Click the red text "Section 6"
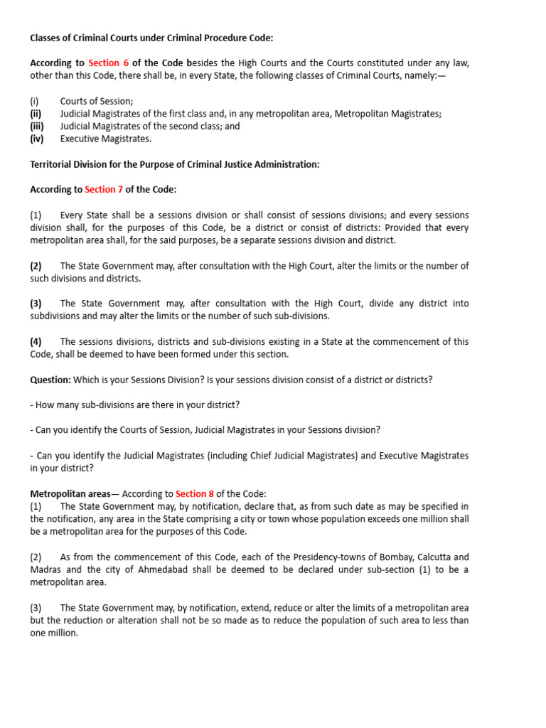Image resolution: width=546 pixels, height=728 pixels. [x=109, y=63]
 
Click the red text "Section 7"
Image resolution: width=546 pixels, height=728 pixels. [x=104, y=189]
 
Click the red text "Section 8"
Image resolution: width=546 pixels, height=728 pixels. [x=195, y=493]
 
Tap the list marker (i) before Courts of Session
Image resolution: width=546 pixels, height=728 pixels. [x=34, y=101]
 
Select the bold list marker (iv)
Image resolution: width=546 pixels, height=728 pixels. [x=36, y=139]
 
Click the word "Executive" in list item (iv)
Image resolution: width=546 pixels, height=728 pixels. [x=80, y=139]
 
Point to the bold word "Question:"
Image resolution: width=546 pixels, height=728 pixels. [x=50, y=380]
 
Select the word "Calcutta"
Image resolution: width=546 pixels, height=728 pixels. [x=432, y=557]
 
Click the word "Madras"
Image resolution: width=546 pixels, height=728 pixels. [x=46, y=569]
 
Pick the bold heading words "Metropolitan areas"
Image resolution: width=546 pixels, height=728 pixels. [x=70, y=493]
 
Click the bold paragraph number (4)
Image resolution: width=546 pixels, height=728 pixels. [x=36, y=341]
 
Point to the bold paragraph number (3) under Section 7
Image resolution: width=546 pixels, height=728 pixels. [x=36, y=303]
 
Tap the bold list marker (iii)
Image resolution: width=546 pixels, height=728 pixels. [x=36, y=126]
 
